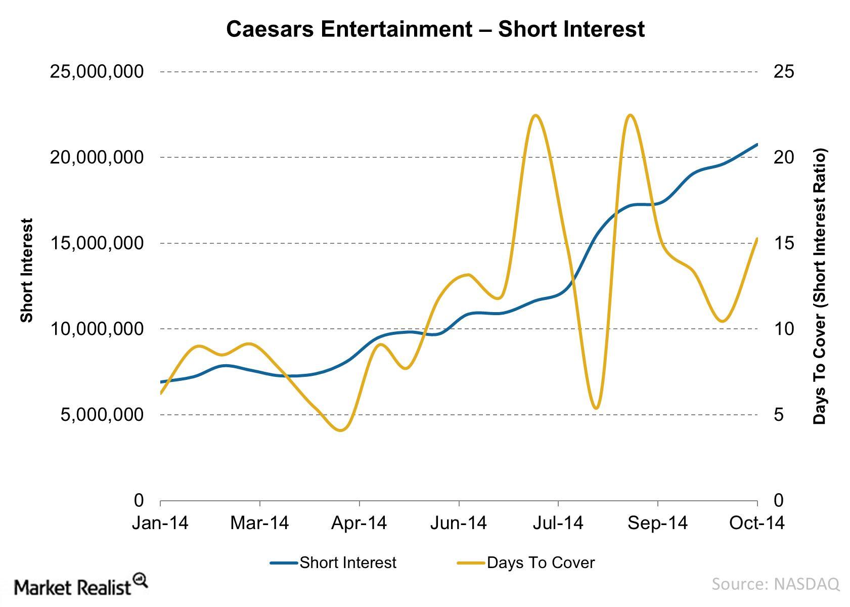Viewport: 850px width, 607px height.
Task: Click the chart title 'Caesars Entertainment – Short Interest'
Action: [x=435, y=29]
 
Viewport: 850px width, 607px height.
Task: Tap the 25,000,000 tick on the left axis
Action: [x=97, y=72]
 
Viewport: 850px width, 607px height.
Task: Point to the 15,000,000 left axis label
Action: [x=97, y=243]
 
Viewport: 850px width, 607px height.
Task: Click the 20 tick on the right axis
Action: [x=783, y=157]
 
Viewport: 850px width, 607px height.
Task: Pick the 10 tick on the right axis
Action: [x=783, y=329]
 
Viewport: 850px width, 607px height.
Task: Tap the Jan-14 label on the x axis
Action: [x=160, y=523]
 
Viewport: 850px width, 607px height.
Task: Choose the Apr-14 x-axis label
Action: [x=359, y=523]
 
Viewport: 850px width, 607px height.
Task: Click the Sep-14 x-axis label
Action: [x=657, y=523]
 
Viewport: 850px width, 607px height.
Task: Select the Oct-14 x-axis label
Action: [x=756, y=523]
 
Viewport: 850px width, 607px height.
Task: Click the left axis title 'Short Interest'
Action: [x=26, y=270]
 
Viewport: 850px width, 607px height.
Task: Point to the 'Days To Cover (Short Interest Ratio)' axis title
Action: [x=819, y=286]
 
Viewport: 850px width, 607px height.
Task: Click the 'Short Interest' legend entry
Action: [x=334, y=562]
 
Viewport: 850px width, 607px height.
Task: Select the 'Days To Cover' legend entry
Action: [x=526, y=562]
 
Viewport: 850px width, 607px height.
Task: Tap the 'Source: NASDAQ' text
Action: [x=775, y=584]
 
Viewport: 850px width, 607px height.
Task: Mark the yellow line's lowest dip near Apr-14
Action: [x=340, y=430]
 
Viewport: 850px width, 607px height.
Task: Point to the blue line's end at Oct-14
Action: [x=756, y=145]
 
